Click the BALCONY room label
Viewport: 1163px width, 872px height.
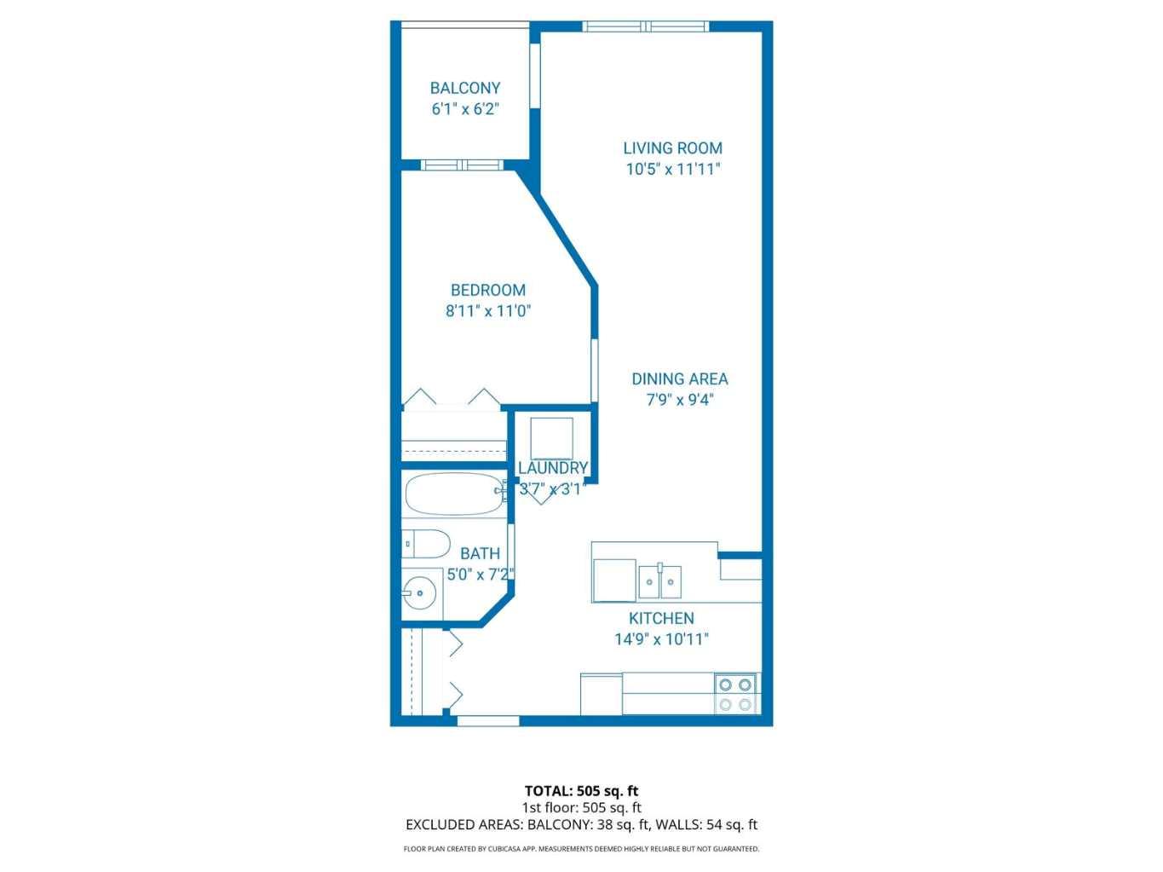pos(464,88)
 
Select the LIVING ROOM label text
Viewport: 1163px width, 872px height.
pos(672,148)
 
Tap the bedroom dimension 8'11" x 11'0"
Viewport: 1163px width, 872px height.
pos(488,311)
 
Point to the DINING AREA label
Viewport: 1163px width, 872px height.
pos(679,379)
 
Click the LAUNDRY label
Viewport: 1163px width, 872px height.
pos(553,468)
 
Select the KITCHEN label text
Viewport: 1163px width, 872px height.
pos(661,619)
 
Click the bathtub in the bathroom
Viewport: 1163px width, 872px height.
pos(454,494)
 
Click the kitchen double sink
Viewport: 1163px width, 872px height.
pos(659,581)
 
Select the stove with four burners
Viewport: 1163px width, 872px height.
pos(735,694)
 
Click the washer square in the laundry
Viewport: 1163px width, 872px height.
pos(552,438)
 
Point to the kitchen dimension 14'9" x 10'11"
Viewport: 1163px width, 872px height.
pos(661,639)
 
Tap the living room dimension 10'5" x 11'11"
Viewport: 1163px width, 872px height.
pos(673,169)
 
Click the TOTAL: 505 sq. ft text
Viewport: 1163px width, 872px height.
pos(581,791)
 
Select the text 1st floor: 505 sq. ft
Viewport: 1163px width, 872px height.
pos(581,807)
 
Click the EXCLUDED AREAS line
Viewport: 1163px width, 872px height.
pos(581,824)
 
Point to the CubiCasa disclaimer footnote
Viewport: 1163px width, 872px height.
pos(581,849)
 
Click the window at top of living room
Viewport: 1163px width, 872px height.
pos(646,26)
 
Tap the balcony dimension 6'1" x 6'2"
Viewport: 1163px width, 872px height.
pos(464,109)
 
